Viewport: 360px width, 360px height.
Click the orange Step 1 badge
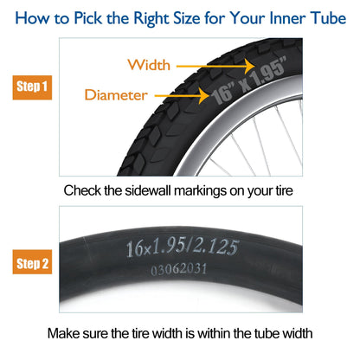click(32, 87)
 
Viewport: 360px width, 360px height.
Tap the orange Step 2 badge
click(32, 262)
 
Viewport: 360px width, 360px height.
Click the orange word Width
click(149, 65)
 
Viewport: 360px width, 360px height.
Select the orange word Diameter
click(116, 95)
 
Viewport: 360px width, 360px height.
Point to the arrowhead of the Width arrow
click(250, 66)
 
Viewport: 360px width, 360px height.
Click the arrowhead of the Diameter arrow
click(204, 95)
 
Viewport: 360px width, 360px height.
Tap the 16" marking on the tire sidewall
click(223, 94)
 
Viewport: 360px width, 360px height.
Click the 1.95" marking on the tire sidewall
click(268, 72)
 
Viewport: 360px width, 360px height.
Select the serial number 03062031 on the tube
click(179, 269)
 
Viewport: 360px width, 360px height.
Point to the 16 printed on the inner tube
click(134, 248)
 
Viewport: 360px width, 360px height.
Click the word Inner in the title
click(287, 18)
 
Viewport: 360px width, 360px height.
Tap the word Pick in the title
click(87, 18)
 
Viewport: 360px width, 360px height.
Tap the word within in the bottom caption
click(215, 333)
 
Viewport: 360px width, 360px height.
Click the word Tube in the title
click(328, 18)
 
